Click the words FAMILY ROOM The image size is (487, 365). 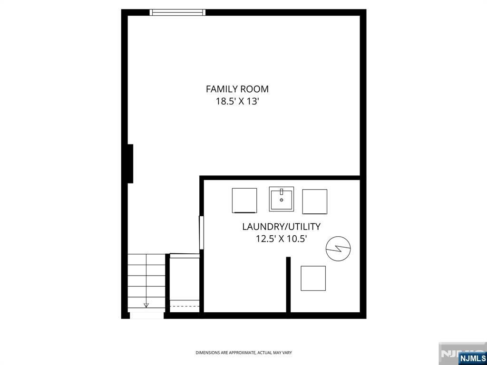coord(237,89)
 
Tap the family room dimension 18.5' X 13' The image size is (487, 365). coord(238,101)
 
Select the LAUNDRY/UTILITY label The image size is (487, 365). coord(281,227)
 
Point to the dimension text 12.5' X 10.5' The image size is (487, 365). coord(282,239)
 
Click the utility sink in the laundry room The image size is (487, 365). coord(282,199)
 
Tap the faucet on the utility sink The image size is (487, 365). coord(282,192)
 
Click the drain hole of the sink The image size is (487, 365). coord(282,200)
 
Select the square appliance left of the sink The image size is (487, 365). coord(244,201)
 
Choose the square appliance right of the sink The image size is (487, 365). coord(315,202)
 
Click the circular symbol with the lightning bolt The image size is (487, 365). coord(338,248)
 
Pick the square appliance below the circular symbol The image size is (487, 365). coord(313,279)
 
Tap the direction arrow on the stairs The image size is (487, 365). coord(146,305)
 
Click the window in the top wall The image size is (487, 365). coord(177,12)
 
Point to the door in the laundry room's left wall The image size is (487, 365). coord(201,232)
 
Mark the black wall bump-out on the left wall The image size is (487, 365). coord(130,163)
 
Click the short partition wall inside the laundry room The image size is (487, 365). coord(288,285)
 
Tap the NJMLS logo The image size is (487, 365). coord(471,358)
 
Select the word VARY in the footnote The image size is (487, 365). coord(288,353)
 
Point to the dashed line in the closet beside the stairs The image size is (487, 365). coord(185,307)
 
